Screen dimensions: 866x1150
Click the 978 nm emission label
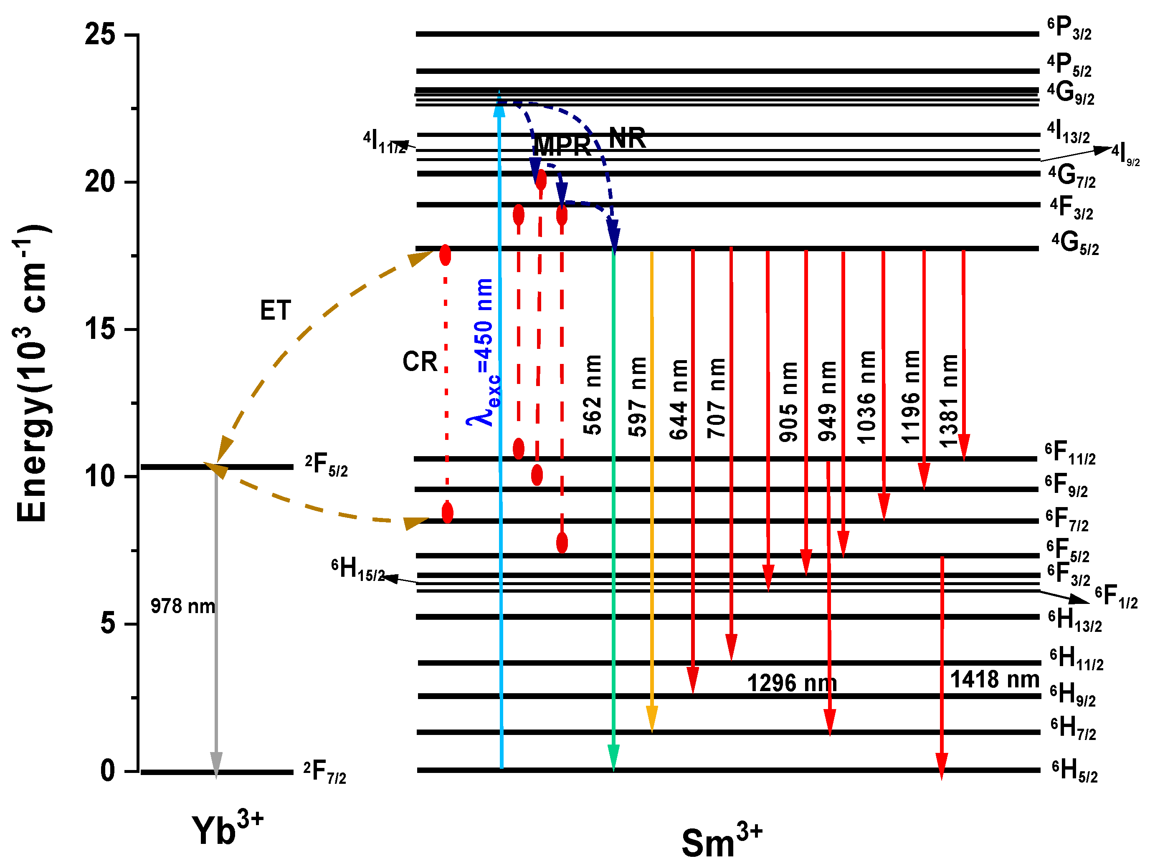(182, 606)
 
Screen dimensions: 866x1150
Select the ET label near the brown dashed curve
(275, 311)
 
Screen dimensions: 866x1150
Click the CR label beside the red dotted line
(420, 361)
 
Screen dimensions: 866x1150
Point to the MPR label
(562, 146)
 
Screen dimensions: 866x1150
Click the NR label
(627, 138)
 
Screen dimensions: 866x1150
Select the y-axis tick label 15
(100, 329)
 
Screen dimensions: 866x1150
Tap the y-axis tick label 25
(100, 35)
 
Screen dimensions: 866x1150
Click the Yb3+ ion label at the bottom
(227, 828)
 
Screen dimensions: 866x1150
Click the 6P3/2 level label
(1069, 28)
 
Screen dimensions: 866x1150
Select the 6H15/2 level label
(358, 569)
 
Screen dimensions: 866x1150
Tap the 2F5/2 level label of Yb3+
(326, 465)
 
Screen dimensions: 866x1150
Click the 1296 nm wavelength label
(791, 684)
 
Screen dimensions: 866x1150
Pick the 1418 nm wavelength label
(994, 679)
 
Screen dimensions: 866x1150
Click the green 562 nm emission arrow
(613, 520)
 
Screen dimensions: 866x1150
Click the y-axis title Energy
(32, 374)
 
